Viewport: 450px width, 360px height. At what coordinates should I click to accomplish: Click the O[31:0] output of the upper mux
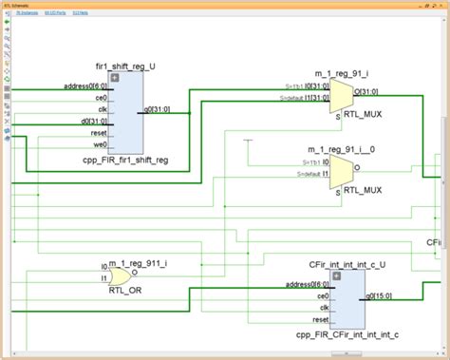tap(366, 91)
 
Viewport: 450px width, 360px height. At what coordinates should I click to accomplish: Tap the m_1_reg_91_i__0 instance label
tap(342, 149)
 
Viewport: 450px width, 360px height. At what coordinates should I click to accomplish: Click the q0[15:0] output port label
tap(381, 295)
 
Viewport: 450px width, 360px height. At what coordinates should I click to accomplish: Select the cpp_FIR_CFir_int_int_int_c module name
tap(347, 335)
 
